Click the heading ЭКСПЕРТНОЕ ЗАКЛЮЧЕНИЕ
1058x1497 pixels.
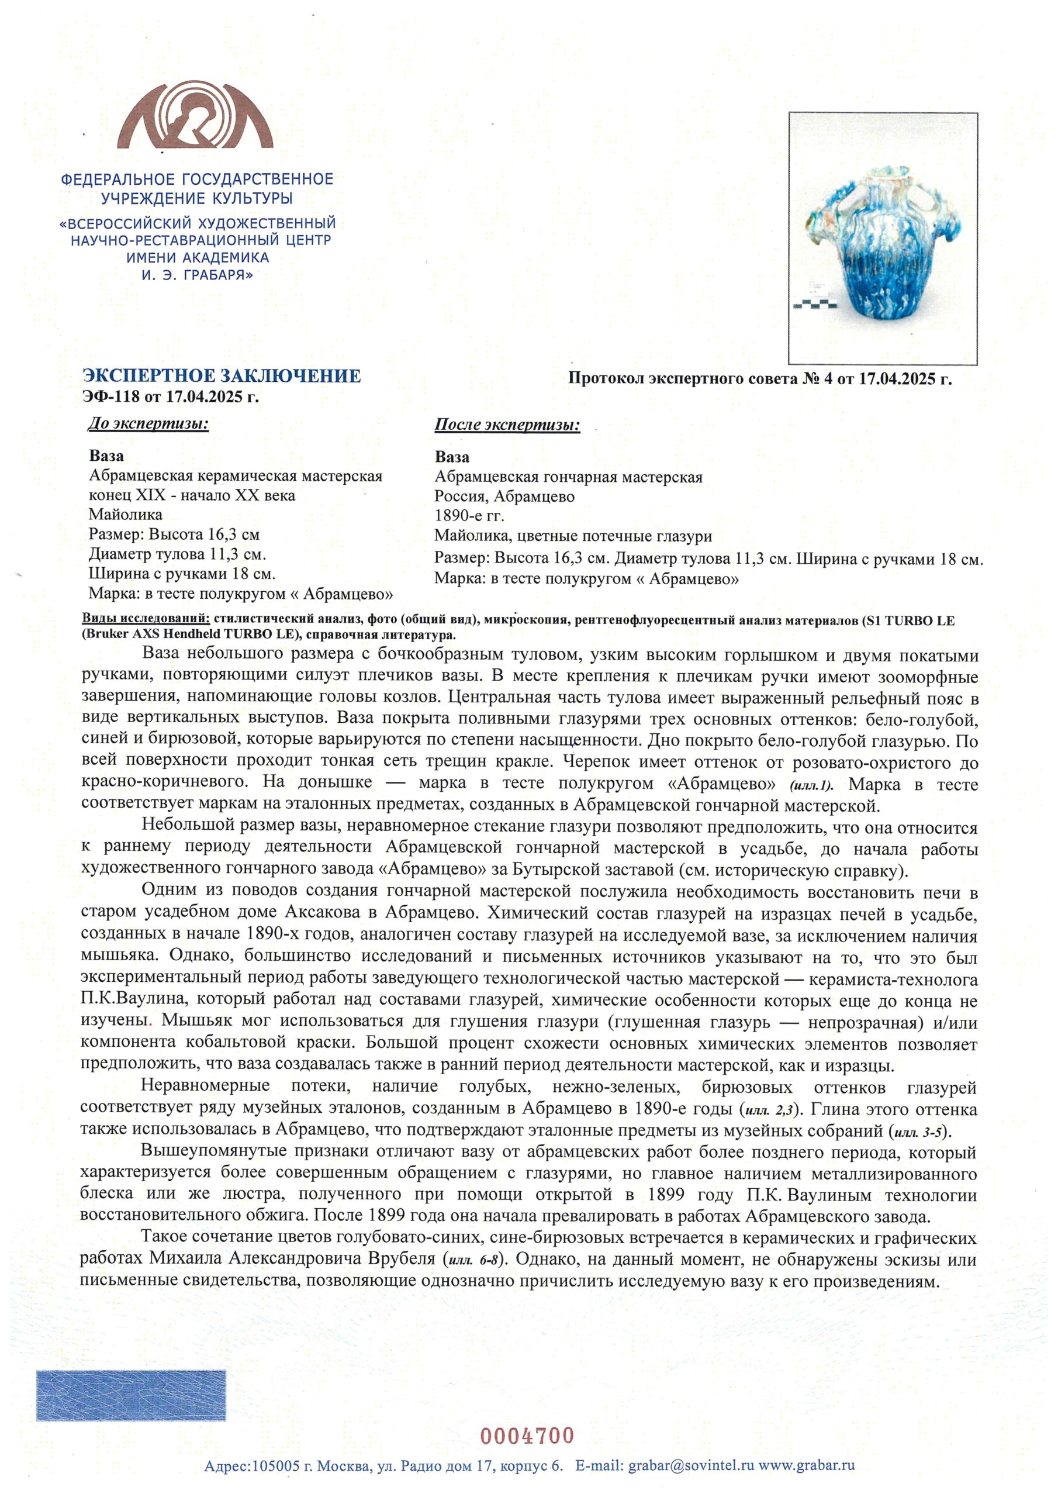[222, 375]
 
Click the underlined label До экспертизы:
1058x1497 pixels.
[148, 425]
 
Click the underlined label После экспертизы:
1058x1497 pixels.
[507, 426]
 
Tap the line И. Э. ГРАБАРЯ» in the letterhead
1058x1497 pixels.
[198, 275]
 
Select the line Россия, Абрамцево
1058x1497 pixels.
[504, 496]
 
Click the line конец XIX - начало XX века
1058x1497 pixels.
[192, 495]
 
